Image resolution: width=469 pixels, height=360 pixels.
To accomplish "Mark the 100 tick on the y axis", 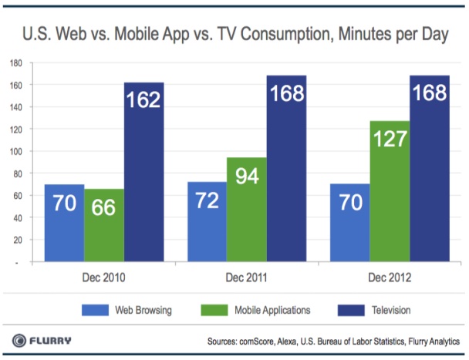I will coord(15,151).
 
